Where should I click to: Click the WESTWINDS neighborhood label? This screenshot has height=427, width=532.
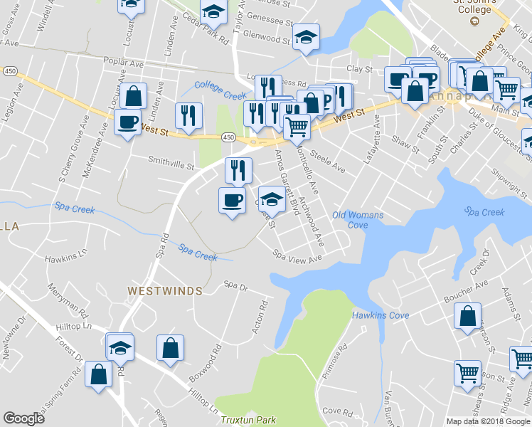click(x=165, y=291)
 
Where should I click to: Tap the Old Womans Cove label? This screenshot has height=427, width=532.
click(x=358, y=220)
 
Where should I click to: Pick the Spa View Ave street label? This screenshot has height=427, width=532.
click(x=298, y=257)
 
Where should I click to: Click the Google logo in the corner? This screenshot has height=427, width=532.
click(x=23, y=418)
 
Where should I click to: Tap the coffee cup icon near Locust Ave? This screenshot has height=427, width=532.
click(x=127, y=122)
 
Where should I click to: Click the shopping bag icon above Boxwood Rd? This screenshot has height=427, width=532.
click(x=170, y=349)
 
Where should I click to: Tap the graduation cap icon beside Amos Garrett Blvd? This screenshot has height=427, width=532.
click(x=271, y=199)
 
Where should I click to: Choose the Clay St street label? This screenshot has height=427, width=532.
click(x=359, y=69)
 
